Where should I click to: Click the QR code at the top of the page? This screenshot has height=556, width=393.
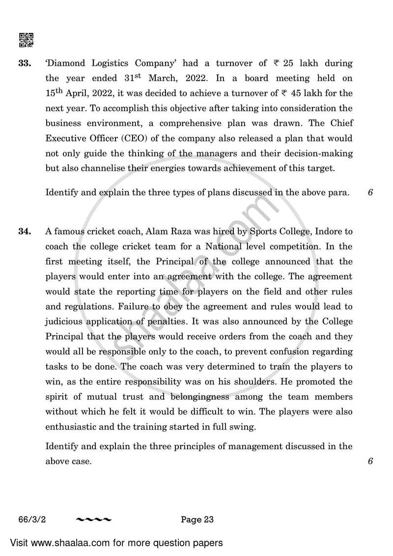pos(26,40)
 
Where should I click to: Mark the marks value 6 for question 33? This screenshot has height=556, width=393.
pos(370,193)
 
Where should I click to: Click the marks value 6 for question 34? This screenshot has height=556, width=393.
pos(370,461)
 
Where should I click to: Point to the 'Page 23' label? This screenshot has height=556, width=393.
pos(197,519)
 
